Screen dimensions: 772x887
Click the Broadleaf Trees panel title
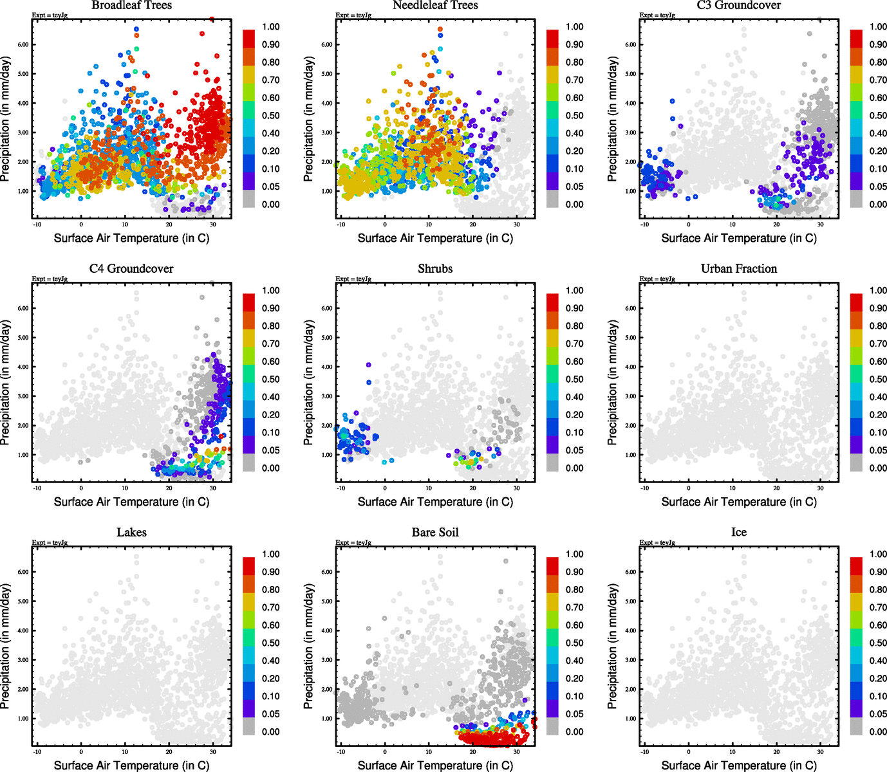[x=131, y=5]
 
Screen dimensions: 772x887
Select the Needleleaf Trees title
[x=435, y=5]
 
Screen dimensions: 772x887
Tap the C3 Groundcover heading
[x=739, y=5]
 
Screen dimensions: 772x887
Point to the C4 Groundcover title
[x=131, y=268]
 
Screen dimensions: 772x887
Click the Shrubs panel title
[x=435, y=268]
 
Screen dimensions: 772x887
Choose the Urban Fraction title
[x=739, y=268]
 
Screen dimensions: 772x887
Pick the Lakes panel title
[x=131, y=532]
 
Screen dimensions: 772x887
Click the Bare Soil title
[x=435, y=532]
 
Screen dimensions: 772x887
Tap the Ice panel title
[x=739, y=532]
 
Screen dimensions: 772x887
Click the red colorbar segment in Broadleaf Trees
[x=249, y=38]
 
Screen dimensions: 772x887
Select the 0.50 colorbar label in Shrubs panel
[x=575, y=379]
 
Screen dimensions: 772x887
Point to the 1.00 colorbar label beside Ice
[x=878, y=554]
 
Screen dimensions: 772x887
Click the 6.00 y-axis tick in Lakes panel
[x=23, y=572]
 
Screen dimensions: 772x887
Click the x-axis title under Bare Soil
[x=435, y=765]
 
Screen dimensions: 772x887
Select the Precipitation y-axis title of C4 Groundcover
[x=6, y=383]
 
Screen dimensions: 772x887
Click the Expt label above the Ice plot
[x=657, y=542]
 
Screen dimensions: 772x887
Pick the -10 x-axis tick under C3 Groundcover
[x=644, y=225]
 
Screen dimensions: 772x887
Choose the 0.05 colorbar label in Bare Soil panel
[x=575, y=713]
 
